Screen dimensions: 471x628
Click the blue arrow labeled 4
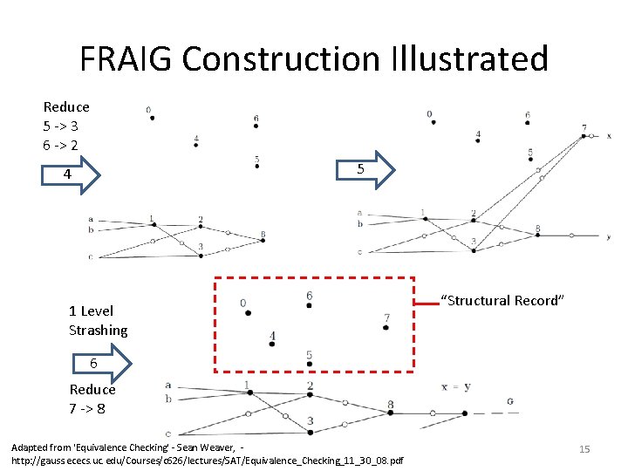(71, 174)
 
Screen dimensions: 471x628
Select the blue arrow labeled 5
(364, 170)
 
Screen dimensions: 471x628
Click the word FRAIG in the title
(126, 59)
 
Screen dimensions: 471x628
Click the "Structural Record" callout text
(503, 301)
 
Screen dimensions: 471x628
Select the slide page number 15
(584, 448)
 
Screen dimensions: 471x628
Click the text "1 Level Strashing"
(98, 320)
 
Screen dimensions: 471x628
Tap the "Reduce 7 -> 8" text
(92, 399)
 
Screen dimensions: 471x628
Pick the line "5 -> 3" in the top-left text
(61, 126)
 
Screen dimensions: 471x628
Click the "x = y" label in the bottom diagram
(456, 386)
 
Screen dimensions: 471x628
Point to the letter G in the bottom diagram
(509, 402)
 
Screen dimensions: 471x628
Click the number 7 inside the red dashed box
(386, 317)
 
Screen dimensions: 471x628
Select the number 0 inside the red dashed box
(243, 304)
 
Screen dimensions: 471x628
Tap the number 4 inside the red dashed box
(273, 336)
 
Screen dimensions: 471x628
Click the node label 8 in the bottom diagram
(391, 405)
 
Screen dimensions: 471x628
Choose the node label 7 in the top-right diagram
(584, 127)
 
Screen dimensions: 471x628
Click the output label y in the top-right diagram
(609, 236)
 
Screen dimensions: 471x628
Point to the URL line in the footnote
(208, 460)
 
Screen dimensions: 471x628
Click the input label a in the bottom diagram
(167, 385)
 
